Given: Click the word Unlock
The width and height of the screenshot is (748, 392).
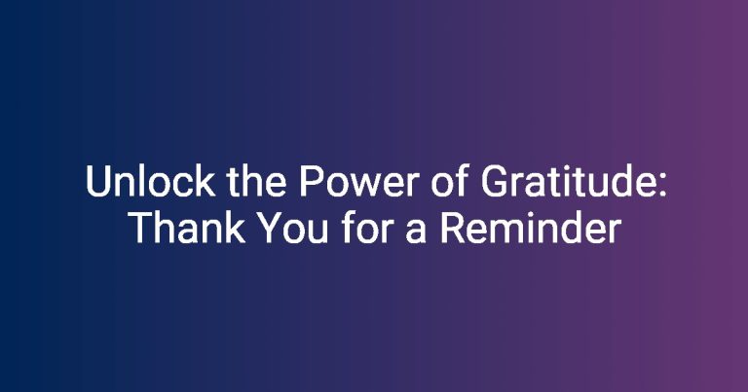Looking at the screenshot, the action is click(x=150, y=181).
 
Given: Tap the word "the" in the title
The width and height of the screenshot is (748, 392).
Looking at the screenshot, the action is click(x=257, y=181).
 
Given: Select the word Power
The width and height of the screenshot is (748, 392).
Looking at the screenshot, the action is click(x=358, y=182).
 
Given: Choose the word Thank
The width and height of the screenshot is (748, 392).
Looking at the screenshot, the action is click(x=187, y=228).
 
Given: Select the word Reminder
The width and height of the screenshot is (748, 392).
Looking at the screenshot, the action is click(x=531, y=228).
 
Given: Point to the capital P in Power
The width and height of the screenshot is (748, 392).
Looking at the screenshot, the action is click(x=311, y=182).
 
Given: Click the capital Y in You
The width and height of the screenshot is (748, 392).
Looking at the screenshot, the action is click(x=271, y=229).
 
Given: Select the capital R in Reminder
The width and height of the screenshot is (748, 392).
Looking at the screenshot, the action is click(x=453, y=229).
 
